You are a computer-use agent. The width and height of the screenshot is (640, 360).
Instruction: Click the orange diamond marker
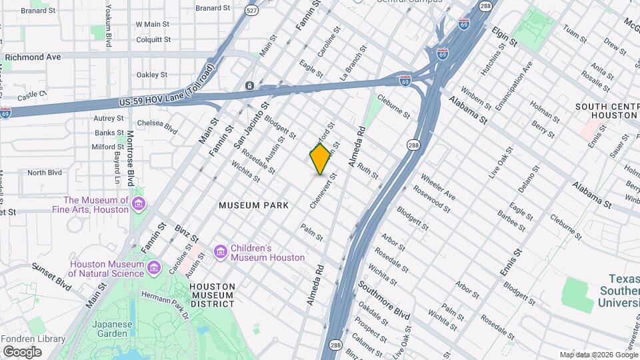tap(321, 159)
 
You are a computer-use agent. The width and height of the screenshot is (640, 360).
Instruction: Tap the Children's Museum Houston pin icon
tap(220, 252)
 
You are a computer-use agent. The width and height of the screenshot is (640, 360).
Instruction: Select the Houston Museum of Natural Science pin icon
tap(155, 268)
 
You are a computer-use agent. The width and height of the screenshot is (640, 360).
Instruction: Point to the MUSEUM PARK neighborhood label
tap(254, 205)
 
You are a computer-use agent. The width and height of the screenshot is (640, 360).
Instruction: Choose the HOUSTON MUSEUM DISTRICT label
tap(212, 295)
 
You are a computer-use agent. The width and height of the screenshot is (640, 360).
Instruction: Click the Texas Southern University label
tap(619, 291)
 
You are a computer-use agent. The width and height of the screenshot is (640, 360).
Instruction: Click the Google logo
tap(22, 351)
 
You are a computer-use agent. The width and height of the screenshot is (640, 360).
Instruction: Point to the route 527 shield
tap(251, 10)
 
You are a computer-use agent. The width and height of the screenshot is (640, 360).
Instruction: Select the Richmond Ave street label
tap(33, 57)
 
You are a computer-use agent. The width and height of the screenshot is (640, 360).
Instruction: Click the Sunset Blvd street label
tap(53, 276)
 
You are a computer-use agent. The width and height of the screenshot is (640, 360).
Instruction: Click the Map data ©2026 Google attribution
tap(598, 355)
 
